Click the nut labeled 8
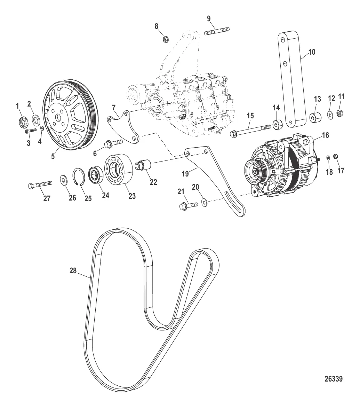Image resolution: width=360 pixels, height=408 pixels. [x=165, y=39]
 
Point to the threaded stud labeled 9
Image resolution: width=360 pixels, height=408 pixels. [x=217, y=31]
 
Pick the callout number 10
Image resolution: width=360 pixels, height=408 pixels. [x=312, y=52]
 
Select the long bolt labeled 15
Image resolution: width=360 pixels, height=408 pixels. [x=250, y=131]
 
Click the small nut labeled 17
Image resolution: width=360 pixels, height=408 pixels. [x=335, y=156]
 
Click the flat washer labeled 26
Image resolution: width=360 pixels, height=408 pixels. [x=63, y=180]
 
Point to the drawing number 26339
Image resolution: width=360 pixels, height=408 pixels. [x=334, y=379]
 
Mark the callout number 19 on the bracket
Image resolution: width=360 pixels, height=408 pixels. [x=185, y=174]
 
